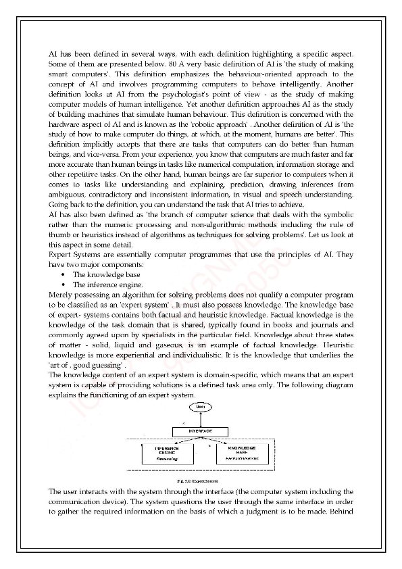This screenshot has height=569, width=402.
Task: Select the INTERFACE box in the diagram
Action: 199,430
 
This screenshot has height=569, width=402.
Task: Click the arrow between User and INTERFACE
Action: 199,420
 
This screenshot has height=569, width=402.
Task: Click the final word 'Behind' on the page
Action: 340,512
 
